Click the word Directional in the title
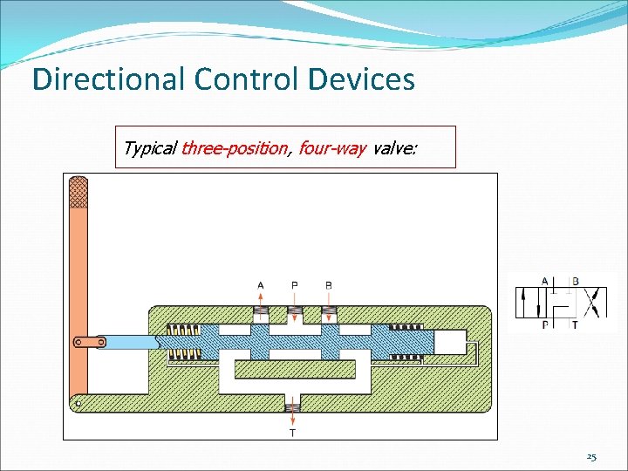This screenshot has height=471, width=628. coord(108,80)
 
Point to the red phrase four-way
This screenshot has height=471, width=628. coord(331,148)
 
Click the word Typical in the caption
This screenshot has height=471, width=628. coord(149,148)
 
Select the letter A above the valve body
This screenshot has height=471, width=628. coord(261,285)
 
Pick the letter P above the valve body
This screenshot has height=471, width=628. coord(294,285)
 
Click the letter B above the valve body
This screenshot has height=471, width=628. coord(328,285)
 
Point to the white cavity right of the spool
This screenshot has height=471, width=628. coord(449,342)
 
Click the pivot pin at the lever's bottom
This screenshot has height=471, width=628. coord(78,403)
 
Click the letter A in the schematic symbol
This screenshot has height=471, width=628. coord(545,281)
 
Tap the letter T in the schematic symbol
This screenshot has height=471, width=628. coord(574,324)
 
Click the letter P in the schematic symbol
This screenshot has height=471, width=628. coord(545,324)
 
